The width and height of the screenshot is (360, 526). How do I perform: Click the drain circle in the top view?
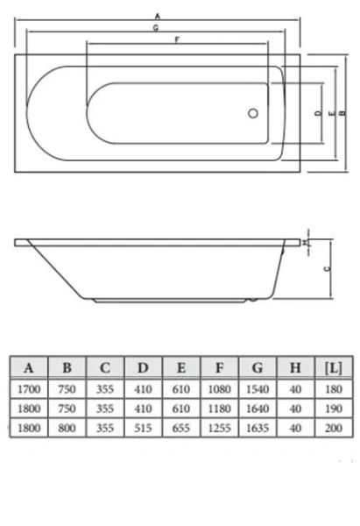click(253, 112)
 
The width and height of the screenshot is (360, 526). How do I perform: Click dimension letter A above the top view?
click(157, 16)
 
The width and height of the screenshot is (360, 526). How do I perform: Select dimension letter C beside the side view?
click(326, 270)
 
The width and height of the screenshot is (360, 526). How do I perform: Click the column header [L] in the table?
click(333, 367)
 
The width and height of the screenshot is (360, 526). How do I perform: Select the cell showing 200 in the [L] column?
click(333, 430)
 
